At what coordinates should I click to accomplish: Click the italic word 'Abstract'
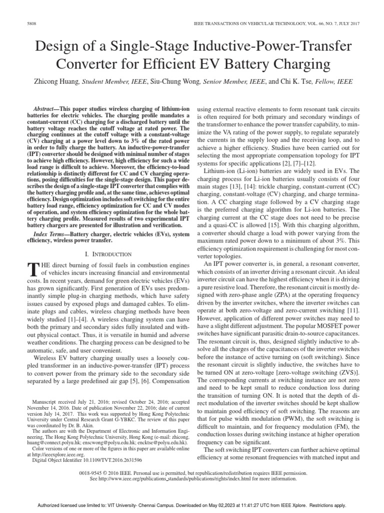(46, 109)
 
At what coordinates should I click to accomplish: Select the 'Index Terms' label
(50, 234)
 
